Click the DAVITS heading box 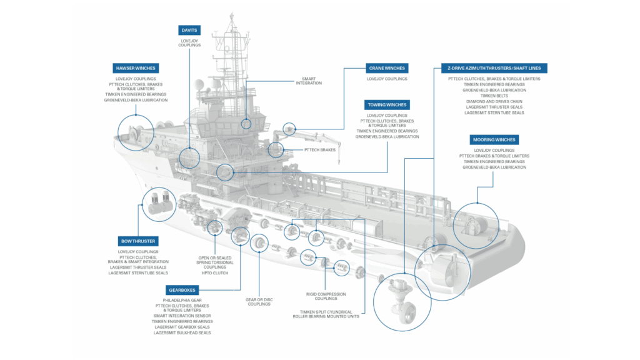pos(189,29)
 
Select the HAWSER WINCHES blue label pos(136,67)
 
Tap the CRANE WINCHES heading pos(387,67)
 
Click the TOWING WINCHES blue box pos(387,105)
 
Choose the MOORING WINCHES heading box pos(493,139)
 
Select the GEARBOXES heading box pos(182,289)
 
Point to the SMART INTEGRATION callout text pos(307,81)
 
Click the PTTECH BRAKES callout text pos(319,150)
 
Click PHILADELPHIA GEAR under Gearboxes pos(182,300)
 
